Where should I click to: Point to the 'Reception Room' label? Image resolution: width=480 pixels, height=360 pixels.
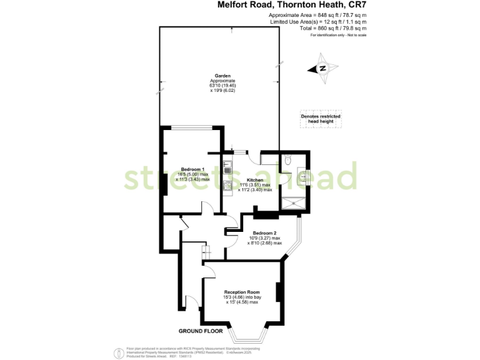(241, 292)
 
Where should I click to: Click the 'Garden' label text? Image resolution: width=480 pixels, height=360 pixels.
(219, 76)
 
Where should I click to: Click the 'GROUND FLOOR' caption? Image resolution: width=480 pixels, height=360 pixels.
(199, 331)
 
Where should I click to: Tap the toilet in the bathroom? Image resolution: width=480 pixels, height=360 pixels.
(286, 161)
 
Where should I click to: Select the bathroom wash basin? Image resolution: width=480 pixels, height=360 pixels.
(303, 177)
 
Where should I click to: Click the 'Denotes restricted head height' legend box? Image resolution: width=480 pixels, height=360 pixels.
(320, 119)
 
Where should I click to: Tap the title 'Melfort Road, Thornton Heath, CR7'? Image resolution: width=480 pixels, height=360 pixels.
(292, 5)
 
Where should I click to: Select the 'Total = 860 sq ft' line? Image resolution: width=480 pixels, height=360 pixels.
(317, 28)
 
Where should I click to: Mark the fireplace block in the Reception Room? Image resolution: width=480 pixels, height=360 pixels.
(279, 292)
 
